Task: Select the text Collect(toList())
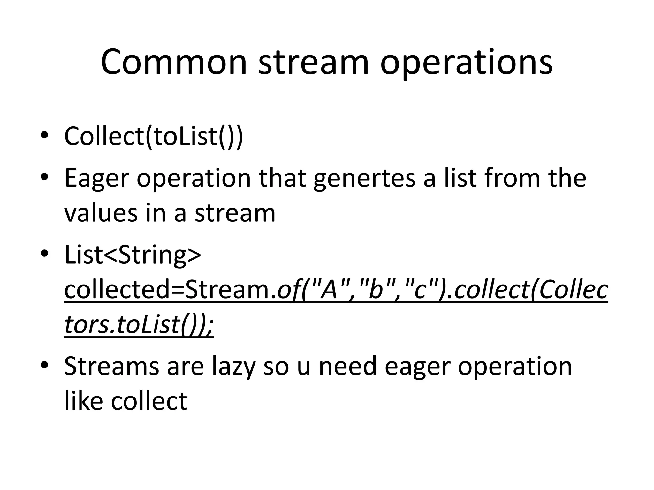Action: (x=154, y=136)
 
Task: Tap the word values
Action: (x=101, y=213)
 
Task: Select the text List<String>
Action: (x=133, y=255)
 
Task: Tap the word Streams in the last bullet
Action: (x=111, y=366)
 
